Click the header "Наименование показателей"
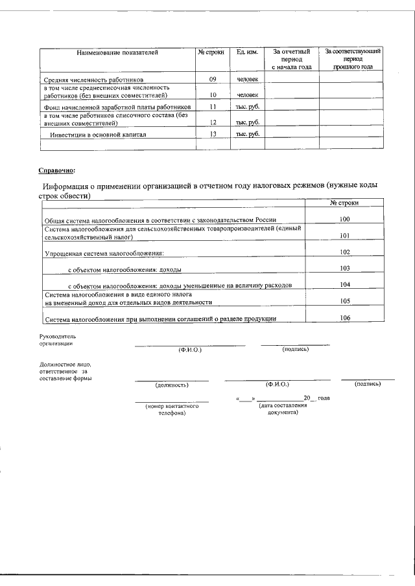tap(117, 51)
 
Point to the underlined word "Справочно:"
tap(56, 171)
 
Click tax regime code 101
tap(344, 236)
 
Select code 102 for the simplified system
tap(344, 252)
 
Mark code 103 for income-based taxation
tap(344, 268)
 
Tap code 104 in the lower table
tap(344, 284)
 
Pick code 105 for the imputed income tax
tap(344, 301)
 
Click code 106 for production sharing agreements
tap(344, 317)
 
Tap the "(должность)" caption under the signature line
tap(172, 385)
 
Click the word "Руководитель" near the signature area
tap(58, 337)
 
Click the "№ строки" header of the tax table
tap(344, 203)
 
